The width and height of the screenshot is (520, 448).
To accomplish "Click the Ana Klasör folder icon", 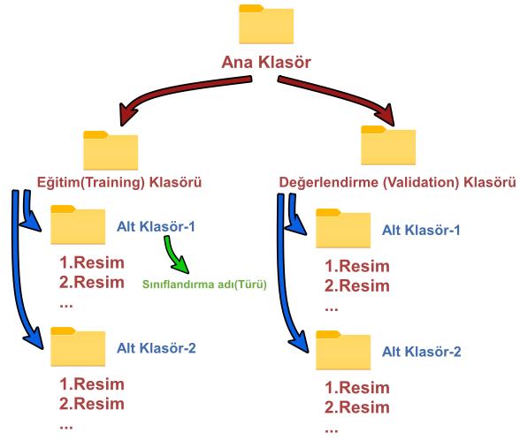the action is [266, 24].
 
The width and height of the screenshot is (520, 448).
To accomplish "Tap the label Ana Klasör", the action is [266, 62].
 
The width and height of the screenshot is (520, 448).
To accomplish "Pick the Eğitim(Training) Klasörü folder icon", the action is [111, 150].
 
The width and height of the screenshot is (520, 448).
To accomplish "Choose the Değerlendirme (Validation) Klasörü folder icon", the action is [388, 145].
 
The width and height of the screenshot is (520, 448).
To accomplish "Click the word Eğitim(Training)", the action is [91, 183].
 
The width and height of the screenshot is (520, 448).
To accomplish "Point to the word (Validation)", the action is [421, 183].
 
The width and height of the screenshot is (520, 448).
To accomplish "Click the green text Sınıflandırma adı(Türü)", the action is [204, 285].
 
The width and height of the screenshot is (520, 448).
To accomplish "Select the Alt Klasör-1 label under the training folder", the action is [156, 227].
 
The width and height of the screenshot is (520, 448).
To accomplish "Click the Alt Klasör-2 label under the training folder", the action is [157, 348].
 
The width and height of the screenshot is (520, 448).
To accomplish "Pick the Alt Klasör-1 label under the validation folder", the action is [421, 231].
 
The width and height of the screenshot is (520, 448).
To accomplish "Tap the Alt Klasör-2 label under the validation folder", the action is [422, 352].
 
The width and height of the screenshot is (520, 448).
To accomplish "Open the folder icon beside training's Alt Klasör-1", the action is [78, 224].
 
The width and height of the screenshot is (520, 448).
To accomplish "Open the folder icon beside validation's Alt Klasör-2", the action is [343, 350].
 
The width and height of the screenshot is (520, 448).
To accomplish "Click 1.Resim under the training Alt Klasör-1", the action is [92, 262].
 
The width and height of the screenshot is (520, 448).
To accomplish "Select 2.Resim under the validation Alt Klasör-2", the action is [357, 407].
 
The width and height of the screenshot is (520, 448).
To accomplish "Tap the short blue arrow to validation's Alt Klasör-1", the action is [294, 216].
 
